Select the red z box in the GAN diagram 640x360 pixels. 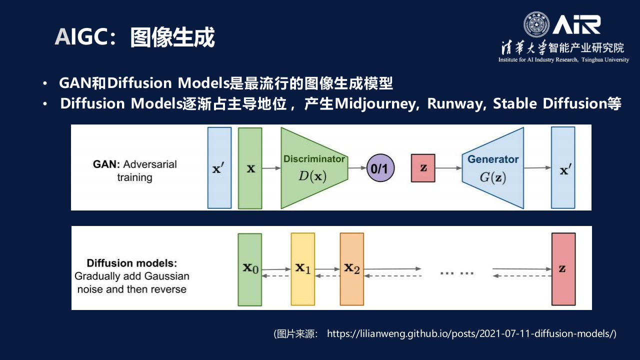[x=423, y=168]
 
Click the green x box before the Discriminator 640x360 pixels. [x=250, y=168]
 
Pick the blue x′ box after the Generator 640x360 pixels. [x=563, y=168]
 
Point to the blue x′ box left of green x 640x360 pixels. [x=219, y=168]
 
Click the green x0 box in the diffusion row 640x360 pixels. [x=250, y=269]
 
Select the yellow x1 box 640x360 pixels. [x=303, y=269]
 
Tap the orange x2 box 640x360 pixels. [x=352, y=269]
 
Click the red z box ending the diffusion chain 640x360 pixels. [x=563, y=269]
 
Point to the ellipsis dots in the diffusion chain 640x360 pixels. [x=456, y=273]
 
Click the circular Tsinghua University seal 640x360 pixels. [x=536, y=24]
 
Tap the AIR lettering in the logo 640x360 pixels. [x=576, y=24]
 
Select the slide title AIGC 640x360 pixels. [x=82, y=37]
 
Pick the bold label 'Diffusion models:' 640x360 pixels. [x=132, y=263]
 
